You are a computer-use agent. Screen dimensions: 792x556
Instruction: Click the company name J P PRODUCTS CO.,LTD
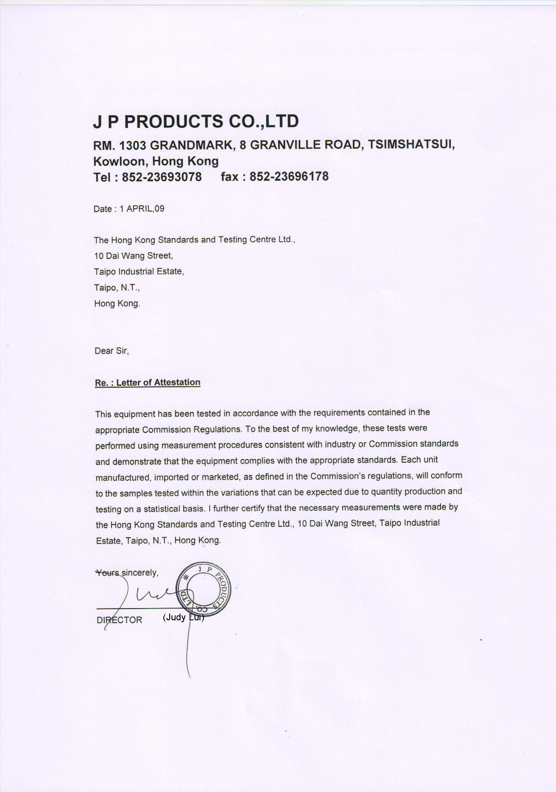tap(196, 121)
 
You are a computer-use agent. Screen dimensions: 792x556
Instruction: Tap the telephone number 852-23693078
tap(162, 177)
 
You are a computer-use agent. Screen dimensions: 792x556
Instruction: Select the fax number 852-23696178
tap(289, 176)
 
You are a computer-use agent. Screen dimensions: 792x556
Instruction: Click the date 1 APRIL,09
tap(142, 209)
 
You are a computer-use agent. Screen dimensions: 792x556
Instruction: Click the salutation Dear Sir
tap(111, 351)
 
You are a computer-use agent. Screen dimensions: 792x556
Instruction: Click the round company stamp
tap(203, 589)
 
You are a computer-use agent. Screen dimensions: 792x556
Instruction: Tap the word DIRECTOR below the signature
tap(120, 620)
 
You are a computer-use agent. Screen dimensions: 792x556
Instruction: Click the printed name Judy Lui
tap(184, 617)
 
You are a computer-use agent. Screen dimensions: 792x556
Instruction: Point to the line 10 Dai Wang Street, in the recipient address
tap(134, 256)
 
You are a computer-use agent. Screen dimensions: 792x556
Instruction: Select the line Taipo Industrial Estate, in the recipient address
tap(139, 272)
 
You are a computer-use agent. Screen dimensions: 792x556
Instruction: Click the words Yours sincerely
tap(127, 573)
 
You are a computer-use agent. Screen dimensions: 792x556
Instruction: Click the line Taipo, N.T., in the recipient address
tap(117, 287)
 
